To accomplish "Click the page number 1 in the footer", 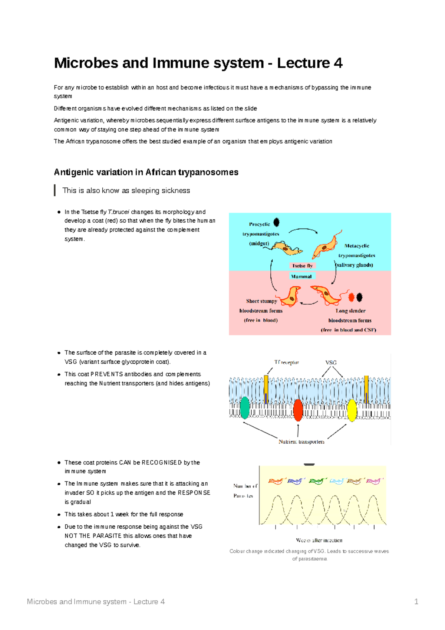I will coord(416,601).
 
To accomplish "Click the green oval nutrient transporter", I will coord(245,407).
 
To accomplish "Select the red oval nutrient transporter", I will coord(298,410).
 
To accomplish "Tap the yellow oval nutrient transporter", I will coord(352,410).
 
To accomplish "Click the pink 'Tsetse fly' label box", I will coord(302,266).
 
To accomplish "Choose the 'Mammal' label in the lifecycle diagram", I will coord(302,276).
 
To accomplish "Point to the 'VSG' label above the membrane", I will coord(331,362).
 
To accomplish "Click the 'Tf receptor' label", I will coord(286,362).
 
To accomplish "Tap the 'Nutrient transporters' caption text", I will coord(301,442).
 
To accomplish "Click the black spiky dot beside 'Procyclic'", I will coord(277,222).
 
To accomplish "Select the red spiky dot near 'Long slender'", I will coord(351,297).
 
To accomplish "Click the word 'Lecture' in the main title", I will coord(303,63).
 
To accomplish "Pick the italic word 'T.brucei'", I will coord(119,212).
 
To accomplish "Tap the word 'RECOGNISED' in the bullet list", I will coord(162,462).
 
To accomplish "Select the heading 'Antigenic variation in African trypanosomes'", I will coord(146,172).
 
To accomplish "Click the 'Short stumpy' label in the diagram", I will coord(261,301).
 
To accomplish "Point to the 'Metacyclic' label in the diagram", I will coord(357,246).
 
